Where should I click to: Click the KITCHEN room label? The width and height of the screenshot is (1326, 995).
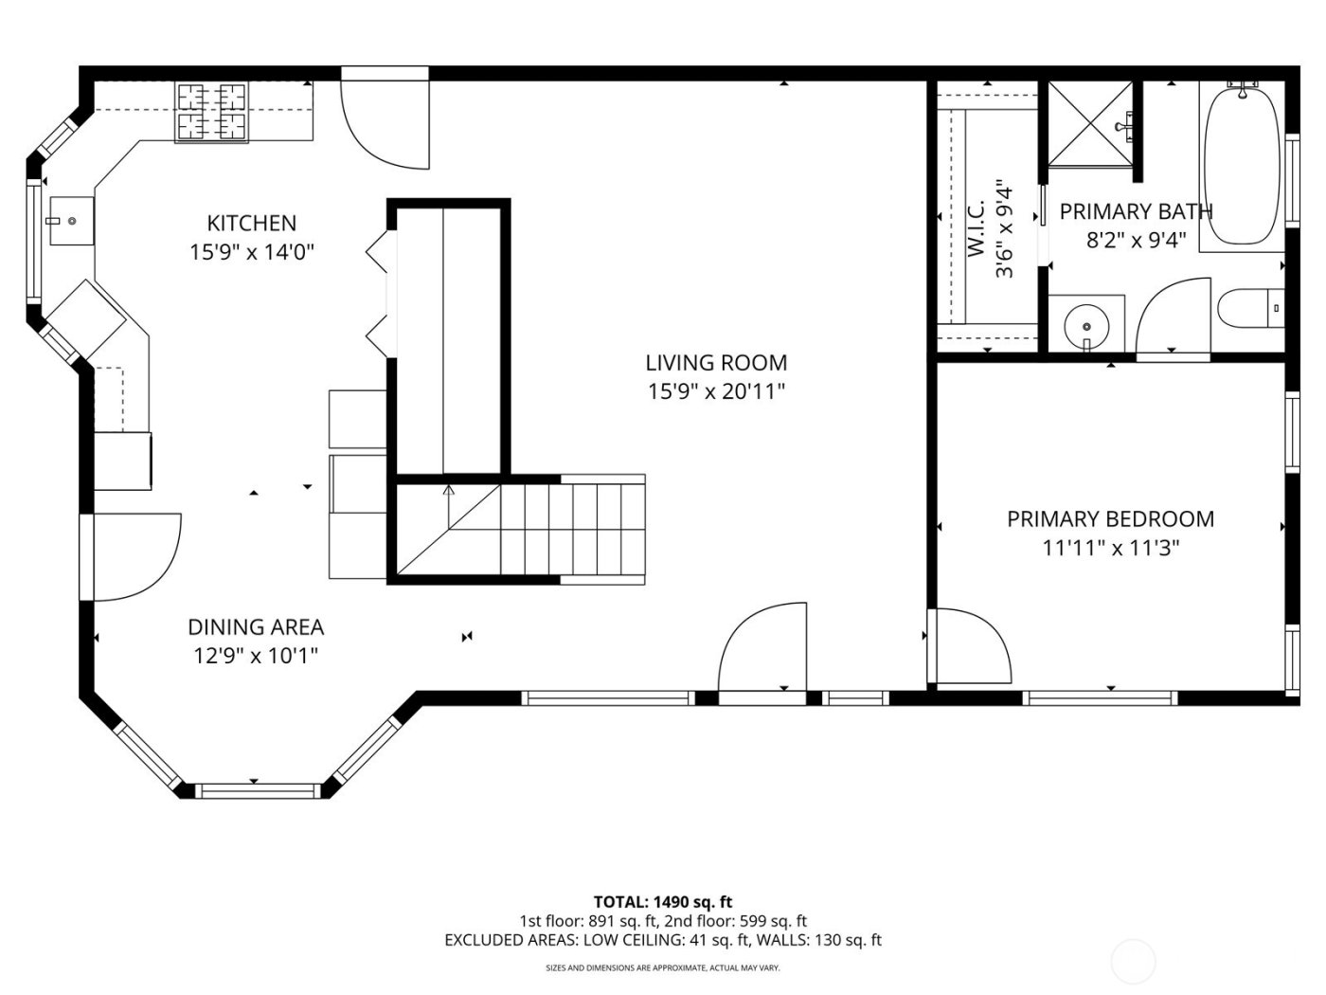(x=251, y=224)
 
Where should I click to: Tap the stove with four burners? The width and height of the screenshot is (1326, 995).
(x=211, y=113)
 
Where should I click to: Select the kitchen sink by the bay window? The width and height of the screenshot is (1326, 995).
(x=71, y=221)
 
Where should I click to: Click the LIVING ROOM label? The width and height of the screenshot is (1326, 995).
(x=716, y=363)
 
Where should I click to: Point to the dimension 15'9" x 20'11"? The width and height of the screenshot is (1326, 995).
(x=716, y=391)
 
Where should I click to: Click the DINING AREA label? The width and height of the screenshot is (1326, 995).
(x=255, y=627)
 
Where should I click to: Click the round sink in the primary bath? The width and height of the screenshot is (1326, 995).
(x=1086, y=326)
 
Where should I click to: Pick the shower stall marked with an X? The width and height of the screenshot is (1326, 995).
(x=1089, y=124)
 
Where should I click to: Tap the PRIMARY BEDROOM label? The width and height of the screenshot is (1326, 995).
(x=1110, y=519)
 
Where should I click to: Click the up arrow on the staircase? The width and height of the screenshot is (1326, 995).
(x=449, y=492)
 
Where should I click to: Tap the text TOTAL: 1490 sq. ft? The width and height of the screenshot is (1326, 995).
(x=662, y=902)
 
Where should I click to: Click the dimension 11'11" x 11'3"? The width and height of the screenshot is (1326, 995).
(x=1110, y=548)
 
